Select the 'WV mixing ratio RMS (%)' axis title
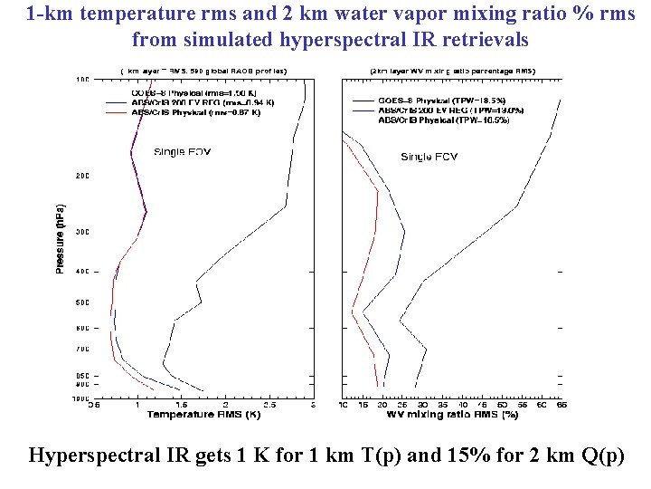pyautogui.click(x=452, y=414)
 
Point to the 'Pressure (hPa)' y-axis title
pyautogui.click(x=60, y=237)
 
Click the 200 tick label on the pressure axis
pyautogui.click(x=82, y=176)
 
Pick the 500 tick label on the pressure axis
pyautogui.click(x=82, y=302)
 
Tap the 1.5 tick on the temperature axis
pyautogui.click(x=180, y=405)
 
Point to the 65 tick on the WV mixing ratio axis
pyautogui.click(x=561, y=405)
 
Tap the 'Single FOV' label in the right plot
pyautogui.click(x=429, y=157)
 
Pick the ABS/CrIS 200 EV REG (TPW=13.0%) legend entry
pyautogui.click(x=450, y=110)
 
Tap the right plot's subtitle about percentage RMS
pyautogui.click(x=452, y=71)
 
